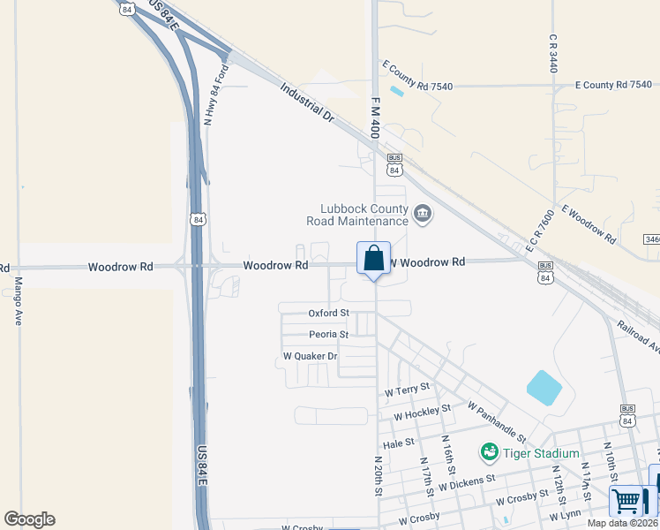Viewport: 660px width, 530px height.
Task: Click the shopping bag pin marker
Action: point(373,260)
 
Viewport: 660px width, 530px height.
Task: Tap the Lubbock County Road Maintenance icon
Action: point(423,214)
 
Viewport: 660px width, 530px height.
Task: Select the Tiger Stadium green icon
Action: point(489,453)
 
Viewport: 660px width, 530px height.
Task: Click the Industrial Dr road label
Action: point(309,103)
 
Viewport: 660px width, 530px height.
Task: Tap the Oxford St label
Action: point(328,313)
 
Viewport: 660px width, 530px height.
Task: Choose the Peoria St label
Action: point(328,335)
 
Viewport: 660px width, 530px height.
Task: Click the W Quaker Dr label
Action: point(310,356)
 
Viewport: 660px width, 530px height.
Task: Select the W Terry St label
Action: point(407,389)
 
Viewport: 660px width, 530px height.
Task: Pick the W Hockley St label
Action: point(422,412)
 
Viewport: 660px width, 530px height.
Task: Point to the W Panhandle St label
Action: point(497,422)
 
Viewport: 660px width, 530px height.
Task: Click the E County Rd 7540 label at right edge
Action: point(612,85)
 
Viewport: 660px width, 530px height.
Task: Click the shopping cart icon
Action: point(626,501)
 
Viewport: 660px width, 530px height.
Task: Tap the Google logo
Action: point(29,519)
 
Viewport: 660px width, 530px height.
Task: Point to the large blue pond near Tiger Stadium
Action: point(543,388)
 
